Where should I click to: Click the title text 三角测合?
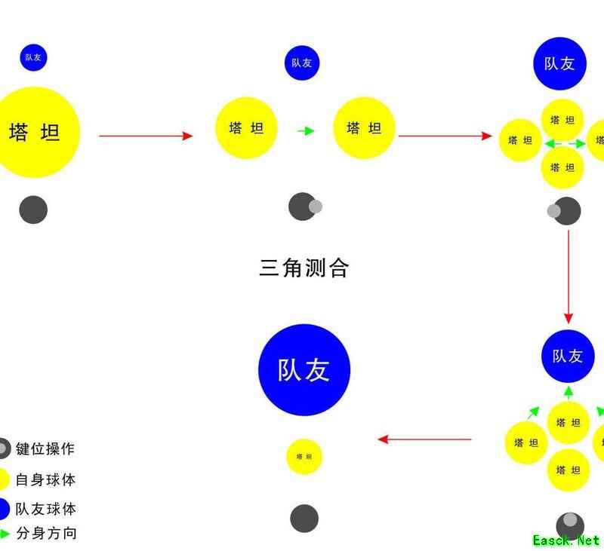(304, 268)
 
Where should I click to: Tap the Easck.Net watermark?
(565, 540)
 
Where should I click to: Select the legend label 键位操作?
(45, 448)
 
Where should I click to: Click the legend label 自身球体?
(45, 479)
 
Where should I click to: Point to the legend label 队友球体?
(45, 509)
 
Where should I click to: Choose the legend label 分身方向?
(45, 534)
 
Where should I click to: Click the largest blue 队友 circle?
(304, 369)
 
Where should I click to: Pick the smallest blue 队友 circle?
(33, 57)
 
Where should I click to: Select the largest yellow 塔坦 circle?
(33, 133)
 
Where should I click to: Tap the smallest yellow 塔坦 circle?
(304, 456)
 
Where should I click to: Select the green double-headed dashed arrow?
(564, 142)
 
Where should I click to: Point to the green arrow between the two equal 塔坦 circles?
(305, 131)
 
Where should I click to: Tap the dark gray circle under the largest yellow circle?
(33, 210)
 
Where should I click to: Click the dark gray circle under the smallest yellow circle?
(304, 519)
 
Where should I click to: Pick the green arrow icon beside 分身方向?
(5, 534)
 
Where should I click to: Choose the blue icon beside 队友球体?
(3, 509)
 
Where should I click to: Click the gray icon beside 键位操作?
(3, 449)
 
